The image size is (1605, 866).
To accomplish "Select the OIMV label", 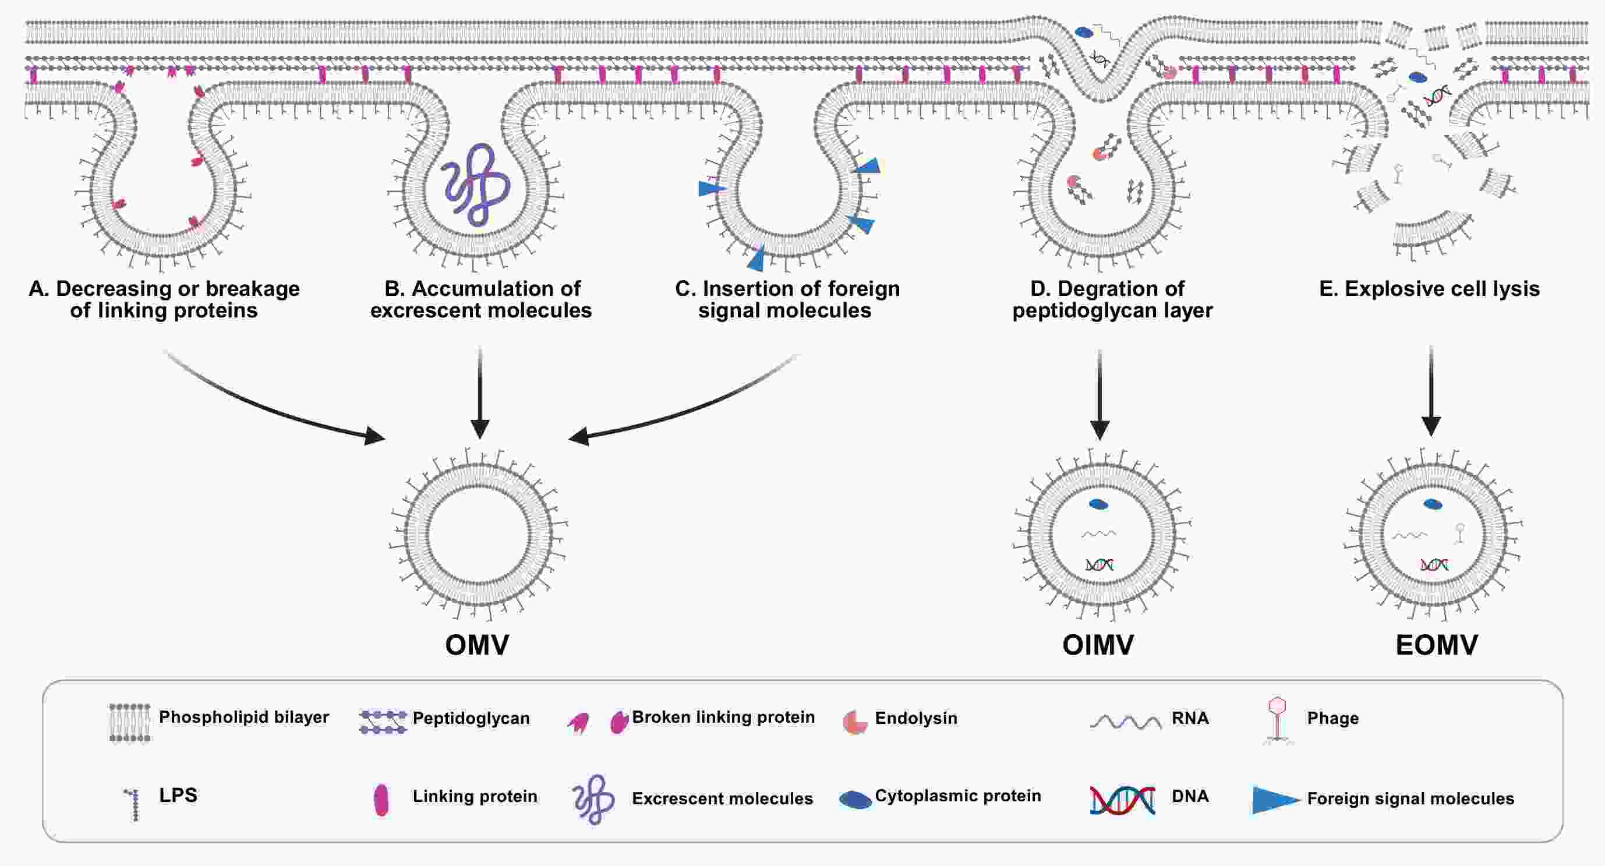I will (1098, 645).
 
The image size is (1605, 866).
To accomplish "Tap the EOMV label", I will (1436, 645).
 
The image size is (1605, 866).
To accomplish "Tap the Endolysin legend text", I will (916, 718).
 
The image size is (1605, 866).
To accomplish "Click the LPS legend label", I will (178, 796).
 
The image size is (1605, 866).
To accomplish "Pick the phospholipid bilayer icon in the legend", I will (130, 723).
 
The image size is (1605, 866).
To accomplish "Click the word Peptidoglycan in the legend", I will (471, 718).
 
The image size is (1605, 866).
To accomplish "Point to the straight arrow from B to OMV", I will (480, 393).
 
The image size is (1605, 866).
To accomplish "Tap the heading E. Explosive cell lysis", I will (1429, 289).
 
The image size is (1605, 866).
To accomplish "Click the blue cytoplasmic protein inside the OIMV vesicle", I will (1098, 504).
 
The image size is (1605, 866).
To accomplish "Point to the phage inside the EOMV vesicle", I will (1459, 533).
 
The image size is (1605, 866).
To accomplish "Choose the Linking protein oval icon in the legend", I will (381, 800).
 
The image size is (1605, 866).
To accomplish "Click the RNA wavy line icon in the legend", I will (1125, 722).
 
